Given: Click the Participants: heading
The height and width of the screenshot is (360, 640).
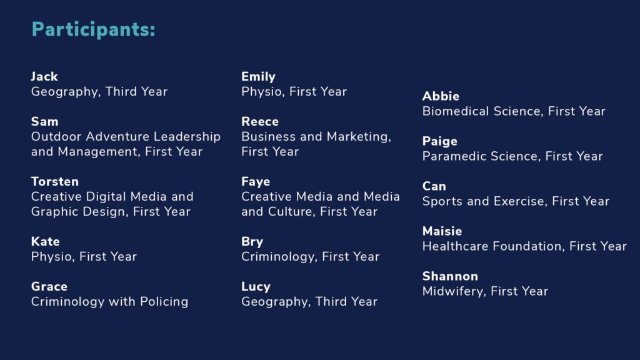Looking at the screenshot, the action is tap(94, 30).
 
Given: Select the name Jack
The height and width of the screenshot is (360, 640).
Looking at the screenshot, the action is tap(44, 77).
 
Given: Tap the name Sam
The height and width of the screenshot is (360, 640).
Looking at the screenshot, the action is tap(45, 122).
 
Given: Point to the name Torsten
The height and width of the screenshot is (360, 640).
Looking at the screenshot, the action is tap(55, 182).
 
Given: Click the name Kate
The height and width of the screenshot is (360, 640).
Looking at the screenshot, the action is tap(45, 242).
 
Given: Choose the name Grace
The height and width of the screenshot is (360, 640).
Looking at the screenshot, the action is tap(49, 286).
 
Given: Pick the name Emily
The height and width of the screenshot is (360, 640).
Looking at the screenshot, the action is tap(258, 77).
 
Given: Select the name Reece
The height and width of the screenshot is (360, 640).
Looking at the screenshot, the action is tap(260, 122).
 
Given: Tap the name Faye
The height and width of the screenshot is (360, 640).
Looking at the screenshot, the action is tap(256, 182).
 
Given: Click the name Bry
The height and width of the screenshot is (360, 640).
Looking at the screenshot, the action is tap(252, 242).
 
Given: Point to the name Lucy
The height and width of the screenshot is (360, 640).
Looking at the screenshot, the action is tap(256, 287).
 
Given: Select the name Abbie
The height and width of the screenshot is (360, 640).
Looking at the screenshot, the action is tap(441, 96).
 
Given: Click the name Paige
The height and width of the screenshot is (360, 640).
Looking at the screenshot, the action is tap(440, 142).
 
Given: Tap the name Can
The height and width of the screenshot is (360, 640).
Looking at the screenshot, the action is tap(434, 186).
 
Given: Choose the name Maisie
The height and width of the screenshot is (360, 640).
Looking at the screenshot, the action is tap(442, 231).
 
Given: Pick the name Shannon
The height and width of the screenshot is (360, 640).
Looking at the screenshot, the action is tap(450, 276).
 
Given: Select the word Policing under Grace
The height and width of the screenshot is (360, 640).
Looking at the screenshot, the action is tap(164, 302).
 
